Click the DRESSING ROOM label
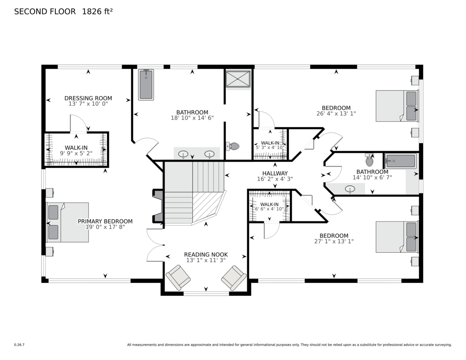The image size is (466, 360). tap(88, 98)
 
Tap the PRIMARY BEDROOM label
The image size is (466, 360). tap(105, 221)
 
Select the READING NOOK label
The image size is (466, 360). tap(206, 254)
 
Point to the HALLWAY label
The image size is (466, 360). tap(275, 173)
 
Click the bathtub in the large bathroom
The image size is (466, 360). tap(146, 85)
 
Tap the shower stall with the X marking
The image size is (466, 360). tap(238, 79)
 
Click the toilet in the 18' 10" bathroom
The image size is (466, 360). tap(233, 146)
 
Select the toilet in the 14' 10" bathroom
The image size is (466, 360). tap(369, 160)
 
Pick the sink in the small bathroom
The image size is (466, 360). tap(350, 189)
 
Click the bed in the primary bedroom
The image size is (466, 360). tap(68, 223)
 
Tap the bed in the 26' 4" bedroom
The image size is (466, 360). tap(397, 106)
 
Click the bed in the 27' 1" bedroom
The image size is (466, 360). tap(397, 237)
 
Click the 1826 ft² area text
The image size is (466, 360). tap(97, 11)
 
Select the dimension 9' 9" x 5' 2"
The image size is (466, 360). tap(76, 153)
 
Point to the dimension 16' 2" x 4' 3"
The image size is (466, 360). tap(275, 179)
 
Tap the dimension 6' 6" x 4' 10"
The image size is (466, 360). tap(270, 209)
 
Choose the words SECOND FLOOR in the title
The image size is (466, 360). tap(45, 11)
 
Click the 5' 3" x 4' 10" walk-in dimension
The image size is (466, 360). tap(270, 148)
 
